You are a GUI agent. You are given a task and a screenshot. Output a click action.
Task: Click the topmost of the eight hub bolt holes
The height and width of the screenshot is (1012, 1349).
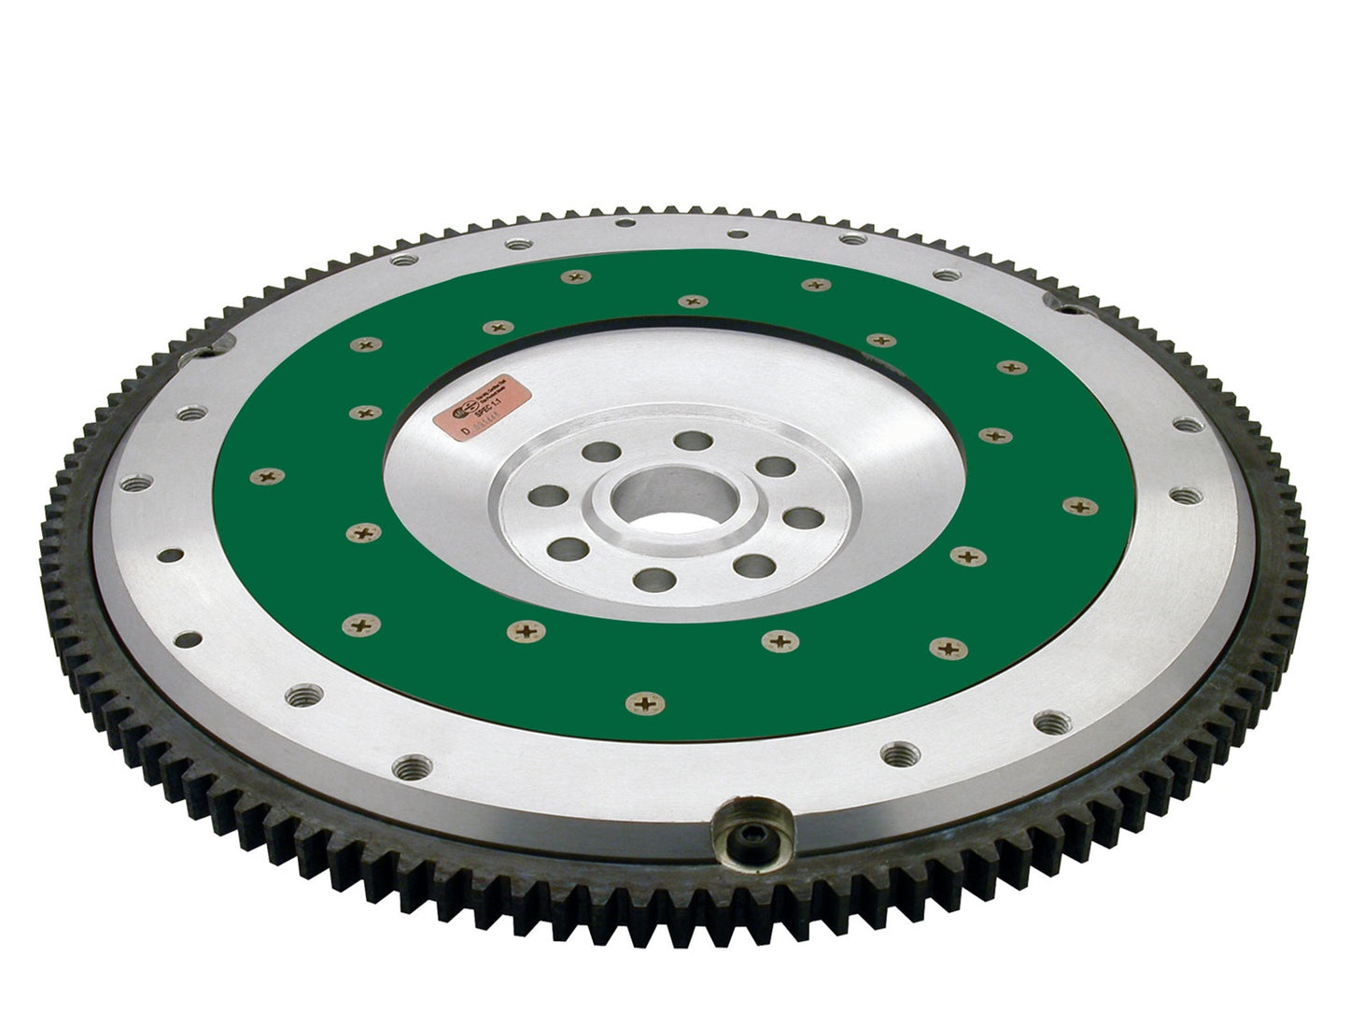tap(691, 441)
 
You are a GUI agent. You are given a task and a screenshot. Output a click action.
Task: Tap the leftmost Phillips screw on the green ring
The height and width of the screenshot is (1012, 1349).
tap(264, 476)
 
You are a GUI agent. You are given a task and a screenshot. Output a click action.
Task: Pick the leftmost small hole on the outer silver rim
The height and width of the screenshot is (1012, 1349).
tap(171, 556)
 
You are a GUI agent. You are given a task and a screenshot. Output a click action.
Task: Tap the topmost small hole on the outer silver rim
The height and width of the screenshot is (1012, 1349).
tap(738, 233)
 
